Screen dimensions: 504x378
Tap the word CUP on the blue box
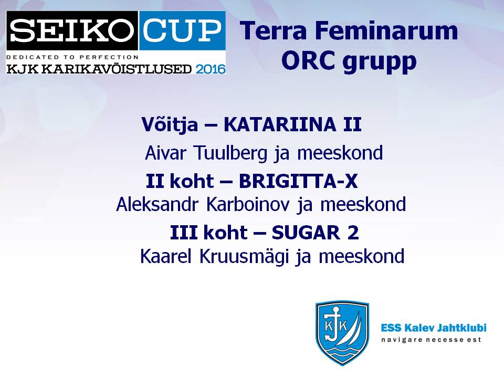click(182, 30)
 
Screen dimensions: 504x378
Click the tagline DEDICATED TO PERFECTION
click(72, 57)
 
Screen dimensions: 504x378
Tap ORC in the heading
click(308, 60)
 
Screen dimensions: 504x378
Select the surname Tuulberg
click(230, 153)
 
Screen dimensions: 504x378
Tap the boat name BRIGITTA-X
click(298, 181)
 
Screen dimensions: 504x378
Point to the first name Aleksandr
click(157, 204)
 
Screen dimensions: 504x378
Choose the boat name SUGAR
click(306, 233)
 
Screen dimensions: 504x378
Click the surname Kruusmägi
click(244, 257)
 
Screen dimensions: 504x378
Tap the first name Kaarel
click(166, 256)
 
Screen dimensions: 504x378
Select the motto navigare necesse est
click(431, 340)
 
